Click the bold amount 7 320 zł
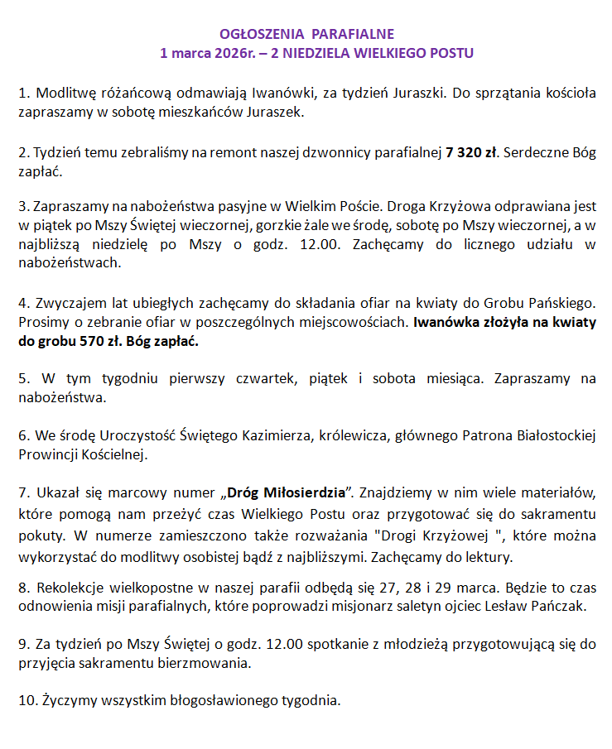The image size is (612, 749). (x=471, y=152)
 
